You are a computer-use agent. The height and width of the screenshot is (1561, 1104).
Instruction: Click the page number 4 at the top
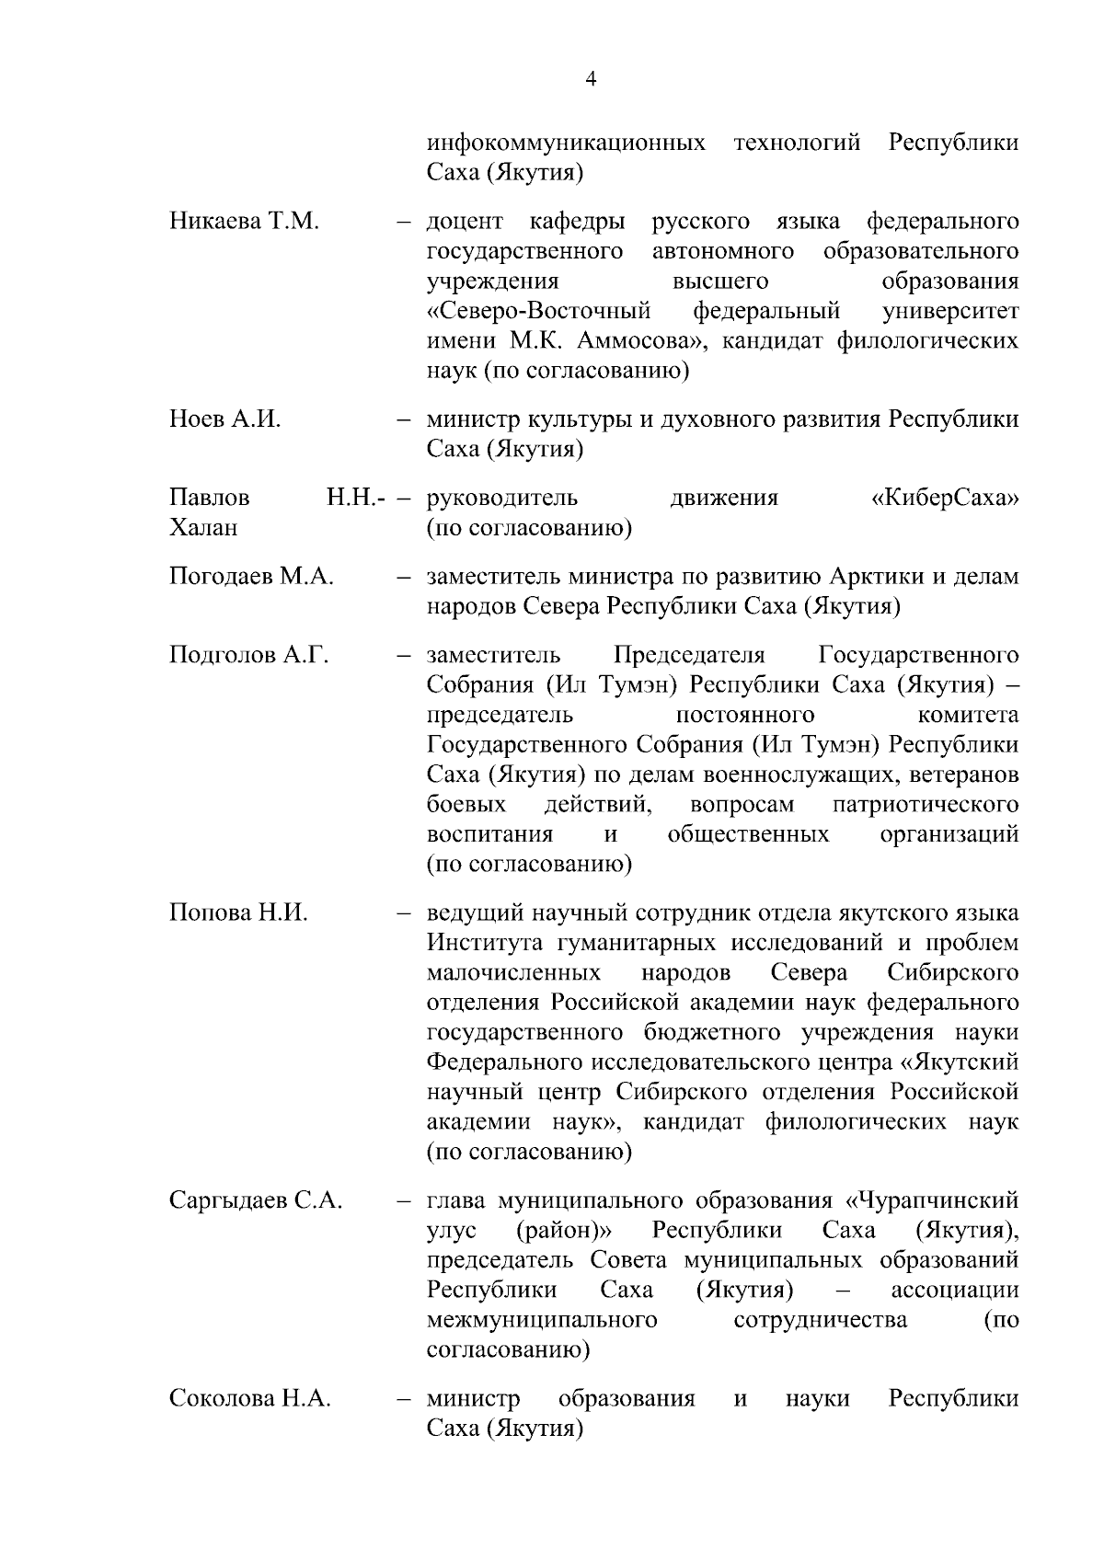pos(591,80)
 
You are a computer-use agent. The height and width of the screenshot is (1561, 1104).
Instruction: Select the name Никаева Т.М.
pos(244,222)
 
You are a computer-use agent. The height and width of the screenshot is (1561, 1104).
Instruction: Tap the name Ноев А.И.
pos(225,419)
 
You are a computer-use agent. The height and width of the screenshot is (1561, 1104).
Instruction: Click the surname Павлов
pos(209,499)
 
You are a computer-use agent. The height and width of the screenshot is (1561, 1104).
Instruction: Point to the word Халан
pos(203,528)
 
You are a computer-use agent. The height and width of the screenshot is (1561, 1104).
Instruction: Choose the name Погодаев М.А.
pos(251,577)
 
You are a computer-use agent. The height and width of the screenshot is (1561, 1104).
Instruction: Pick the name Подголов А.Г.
pos(248,655)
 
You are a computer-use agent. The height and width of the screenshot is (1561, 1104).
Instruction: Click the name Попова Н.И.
pos(238,912)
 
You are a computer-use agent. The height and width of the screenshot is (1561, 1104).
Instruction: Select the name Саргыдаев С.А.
pos(256,1200)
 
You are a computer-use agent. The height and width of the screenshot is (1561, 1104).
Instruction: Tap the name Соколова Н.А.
pos(250,1398)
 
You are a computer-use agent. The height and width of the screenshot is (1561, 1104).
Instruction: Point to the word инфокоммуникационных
pos(567,143)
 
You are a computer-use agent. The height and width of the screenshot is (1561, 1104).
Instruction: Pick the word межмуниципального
pos(542,1320)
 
